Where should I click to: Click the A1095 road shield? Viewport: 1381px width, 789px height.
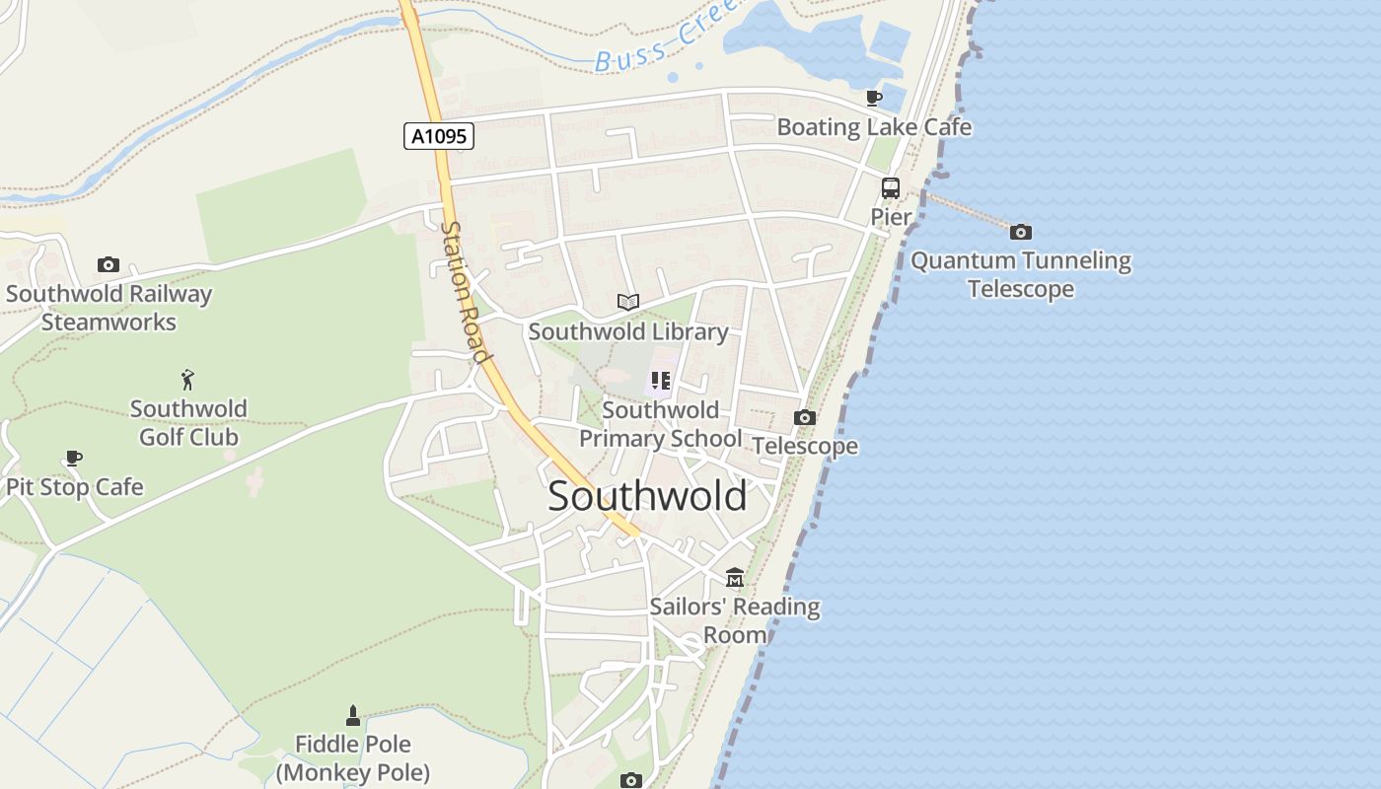439,136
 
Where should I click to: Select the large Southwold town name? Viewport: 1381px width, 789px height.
647,495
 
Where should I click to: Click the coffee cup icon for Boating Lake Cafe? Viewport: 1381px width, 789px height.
873,98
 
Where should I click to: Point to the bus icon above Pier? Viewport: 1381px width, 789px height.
891,187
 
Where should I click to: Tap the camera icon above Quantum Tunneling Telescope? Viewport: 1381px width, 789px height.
1021,232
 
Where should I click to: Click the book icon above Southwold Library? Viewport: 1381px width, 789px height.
628,302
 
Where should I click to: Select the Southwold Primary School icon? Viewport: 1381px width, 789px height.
660,381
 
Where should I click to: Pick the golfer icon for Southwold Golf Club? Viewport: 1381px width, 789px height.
188,379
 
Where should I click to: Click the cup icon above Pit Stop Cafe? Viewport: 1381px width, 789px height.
74,458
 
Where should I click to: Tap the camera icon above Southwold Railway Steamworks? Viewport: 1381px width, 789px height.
109,264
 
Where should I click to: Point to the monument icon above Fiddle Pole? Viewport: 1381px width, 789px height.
353,715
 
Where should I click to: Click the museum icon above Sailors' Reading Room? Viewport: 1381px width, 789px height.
735,577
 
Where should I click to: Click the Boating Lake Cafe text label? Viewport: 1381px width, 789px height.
874,127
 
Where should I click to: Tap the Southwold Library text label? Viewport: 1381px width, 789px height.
628,331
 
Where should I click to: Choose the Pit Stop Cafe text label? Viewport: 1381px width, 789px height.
75,487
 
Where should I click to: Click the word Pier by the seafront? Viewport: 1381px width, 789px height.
891,217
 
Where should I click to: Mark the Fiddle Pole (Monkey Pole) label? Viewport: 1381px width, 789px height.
353,758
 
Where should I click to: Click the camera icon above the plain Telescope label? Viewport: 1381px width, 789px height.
805,417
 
